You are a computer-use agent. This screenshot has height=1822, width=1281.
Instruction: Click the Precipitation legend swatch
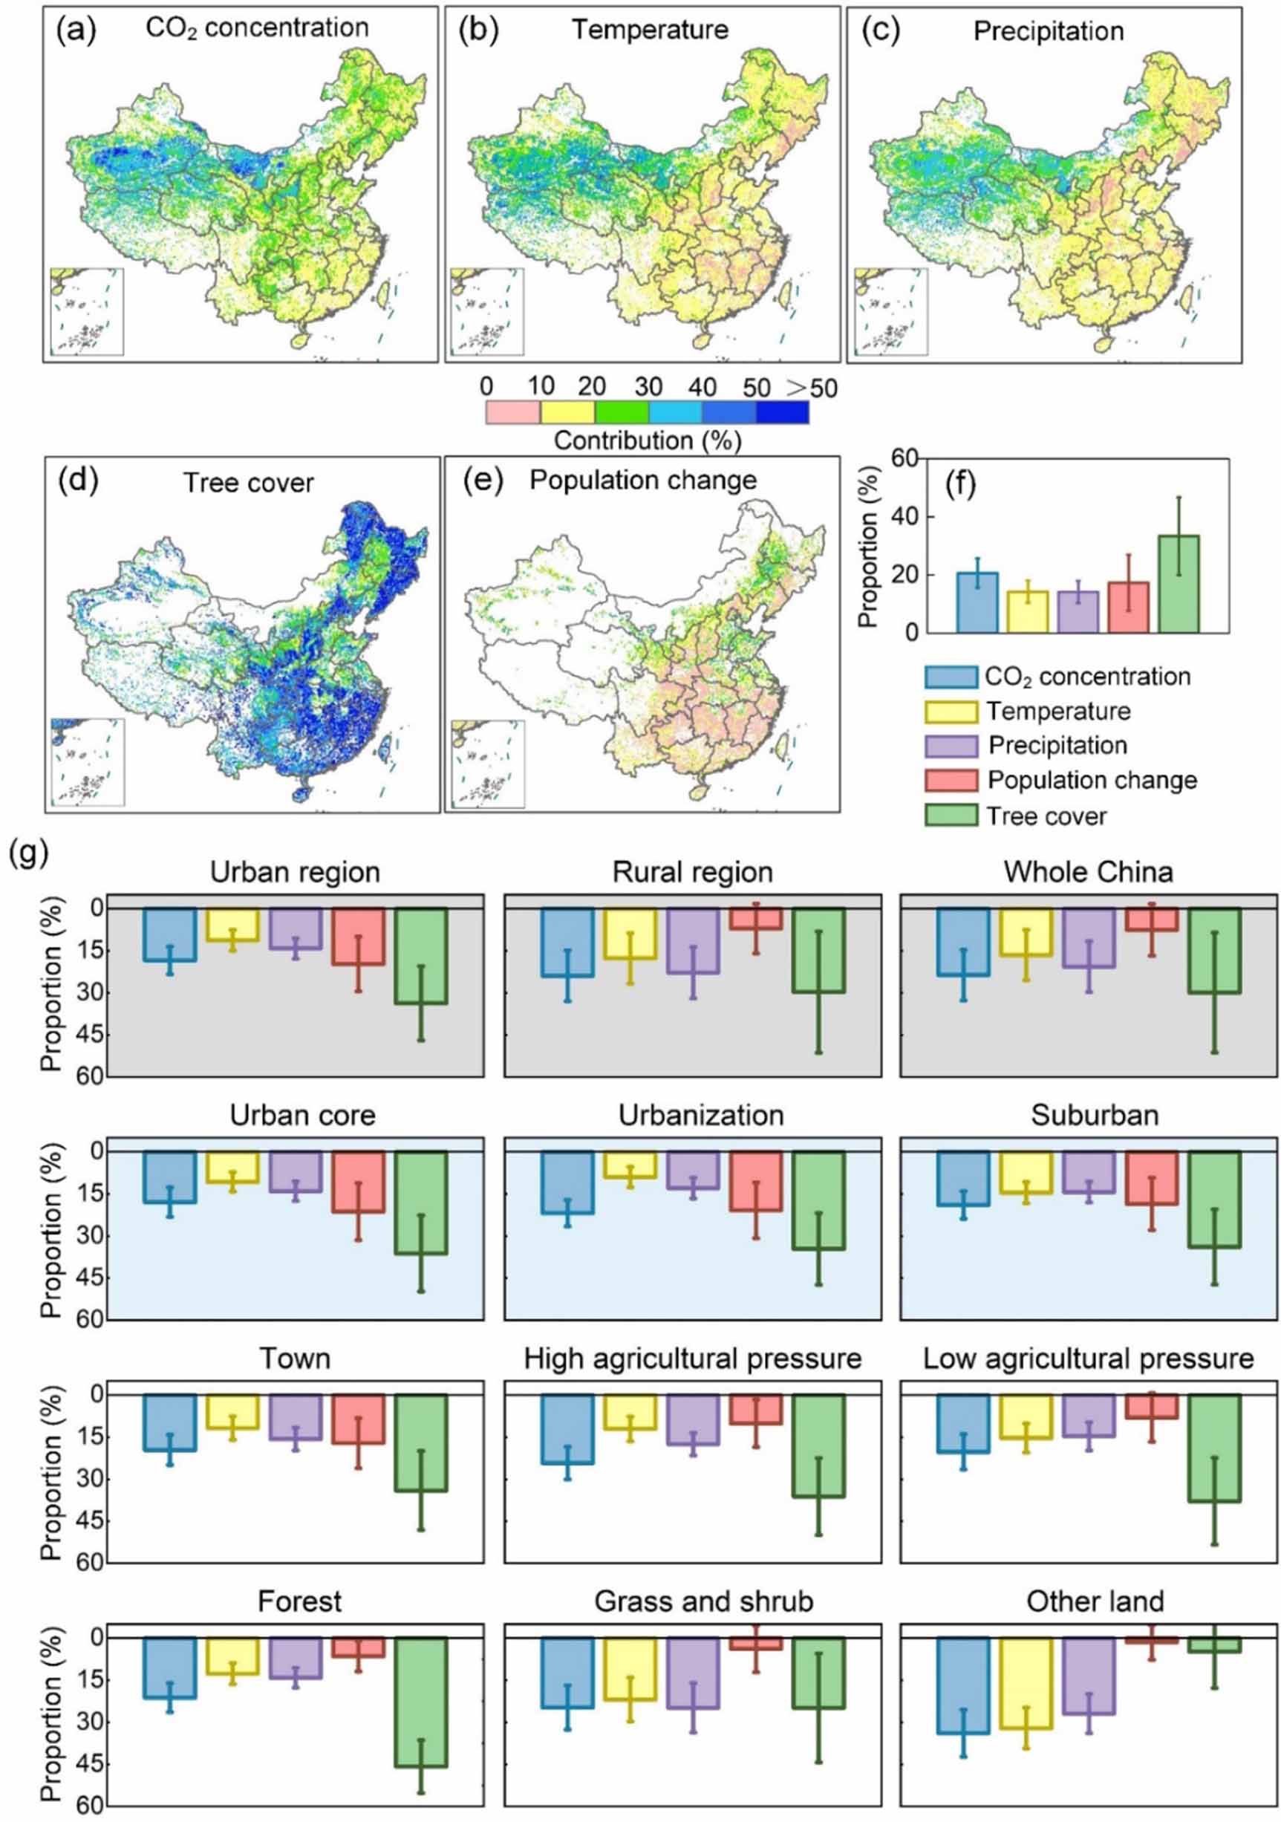(x=951, y=746)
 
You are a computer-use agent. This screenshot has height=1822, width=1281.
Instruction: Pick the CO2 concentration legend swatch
(x=951, y=677)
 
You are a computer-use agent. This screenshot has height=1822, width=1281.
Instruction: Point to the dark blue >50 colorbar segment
(x=782, y=411)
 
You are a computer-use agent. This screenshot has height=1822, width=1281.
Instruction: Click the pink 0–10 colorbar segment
(x=512, y=411)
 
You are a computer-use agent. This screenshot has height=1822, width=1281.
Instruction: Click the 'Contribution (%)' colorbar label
(x=647, y=440)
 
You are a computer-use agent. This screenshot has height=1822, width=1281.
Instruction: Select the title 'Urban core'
(x=302, y=1115)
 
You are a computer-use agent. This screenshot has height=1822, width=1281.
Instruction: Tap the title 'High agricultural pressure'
(x=692, y=1358)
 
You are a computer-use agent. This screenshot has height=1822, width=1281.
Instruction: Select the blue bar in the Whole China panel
(x=963, y=942)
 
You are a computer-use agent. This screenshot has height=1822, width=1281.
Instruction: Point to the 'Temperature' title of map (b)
(x=650, y=30)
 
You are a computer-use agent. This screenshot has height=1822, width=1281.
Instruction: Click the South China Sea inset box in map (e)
(x=487, y=764)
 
